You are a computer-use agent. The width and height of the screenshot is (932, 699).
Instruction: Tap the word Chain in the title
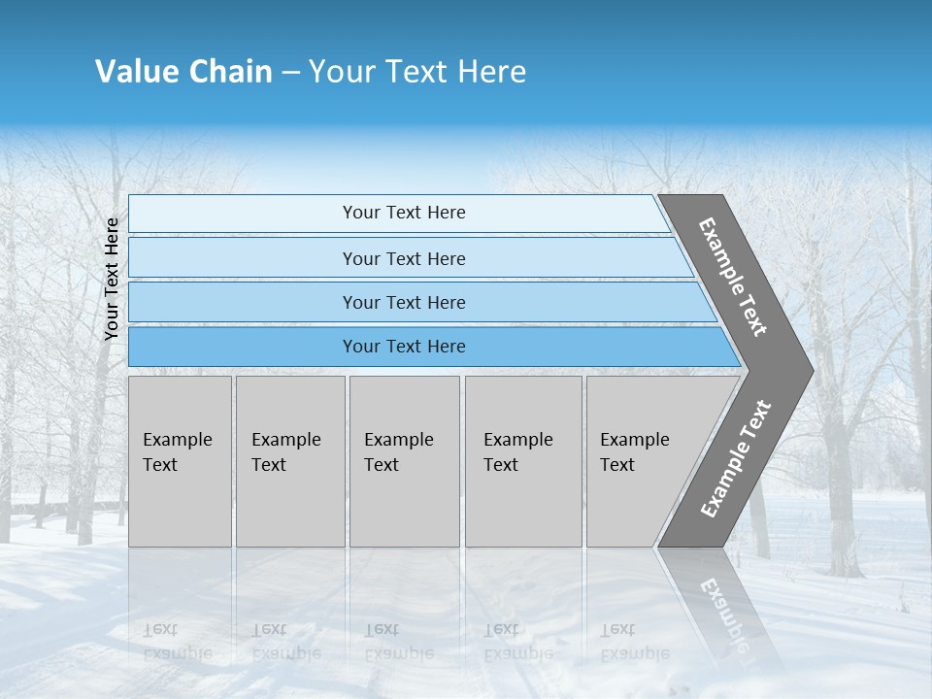click(231, 72)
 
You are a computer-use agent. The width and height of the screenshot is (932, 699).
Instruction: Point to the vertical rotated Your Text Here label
click(112, 279)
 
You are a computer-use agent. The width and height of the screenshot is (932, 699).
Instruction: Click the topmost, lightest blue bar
click(404, 213)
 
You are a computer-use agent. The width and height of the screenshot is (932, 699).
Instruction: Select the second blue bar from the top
click(404, 258)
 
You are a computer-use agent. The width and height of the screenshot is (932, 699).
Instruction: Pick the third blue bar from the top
click(404, 302)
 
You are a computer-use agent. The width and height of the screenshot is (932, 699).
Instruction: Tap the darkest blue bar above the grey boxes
click(404, 347)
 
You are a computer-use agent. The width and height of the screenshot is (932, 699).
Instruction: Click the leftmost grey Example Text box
click(180, 460)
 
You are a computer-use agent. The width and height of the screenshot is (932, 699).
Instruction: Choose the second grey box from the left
click(289, 460)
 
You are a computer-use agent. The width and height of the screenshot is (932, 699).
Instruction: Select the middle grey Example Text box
click(404, 460)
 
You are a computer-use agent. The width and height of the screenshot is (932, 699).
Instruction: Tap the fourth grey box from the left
click(522, 460)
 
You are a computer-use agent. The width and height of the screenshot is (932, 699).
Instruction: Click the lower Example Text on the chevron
click(736, 458)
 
